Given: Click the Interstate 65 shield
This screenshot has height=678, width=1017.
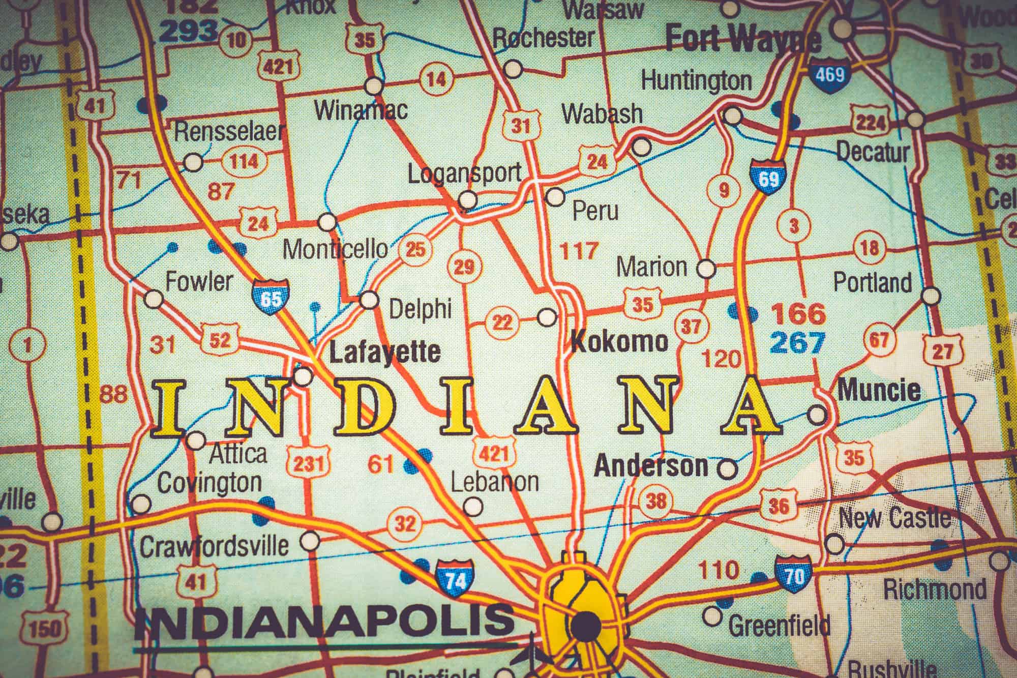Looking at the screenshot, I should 270,297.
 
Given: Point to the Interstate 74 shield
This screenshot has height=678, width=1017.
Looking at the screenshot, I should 455,579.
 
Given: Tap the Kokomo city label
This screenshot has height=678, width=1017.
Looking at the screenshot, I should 619,341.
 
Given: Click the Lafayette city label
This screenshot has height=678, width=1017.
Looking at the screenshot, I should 384,351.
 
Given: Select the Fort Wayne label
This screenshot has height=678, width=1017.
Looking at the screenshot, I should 743,38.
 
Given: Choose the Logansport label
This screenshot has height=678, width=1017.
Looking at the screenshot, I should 465,174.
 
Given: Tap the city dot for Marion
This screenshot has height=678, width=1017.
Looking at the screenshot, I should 706,268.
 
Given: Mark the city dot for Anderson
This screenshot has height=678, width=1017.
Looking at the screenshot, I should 728,467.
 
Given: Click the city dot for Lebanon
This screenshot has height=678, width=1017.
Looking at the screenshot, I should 473,506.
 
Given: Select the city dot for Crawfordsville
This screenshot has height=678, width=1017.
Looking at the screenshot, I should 309,542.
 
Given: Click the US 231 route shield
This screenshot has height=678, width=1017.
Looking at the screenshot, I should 309,462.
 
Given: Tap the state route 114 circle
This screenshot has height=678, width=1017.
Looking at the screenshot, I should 244,162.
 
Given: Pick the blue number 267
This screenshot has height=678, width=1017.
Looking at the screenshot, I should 796,343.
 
